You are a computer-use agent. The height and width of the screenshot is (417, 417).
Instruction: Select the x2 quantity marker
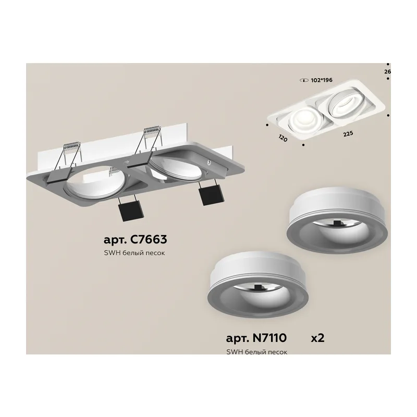318,338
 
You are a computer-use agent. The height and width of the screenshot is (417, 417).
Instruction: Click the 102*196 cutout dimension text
322,80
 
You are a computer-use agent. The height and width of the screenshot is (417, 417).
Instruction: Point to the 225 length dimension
348,134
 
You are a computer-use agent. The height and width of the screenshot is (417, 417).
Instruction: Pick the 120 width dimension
283,138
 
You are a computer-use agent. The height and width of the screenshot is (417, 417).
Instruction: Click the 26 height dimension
387,71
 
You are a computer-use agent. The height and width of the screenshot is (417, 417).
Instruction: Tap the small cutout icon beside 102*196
304,80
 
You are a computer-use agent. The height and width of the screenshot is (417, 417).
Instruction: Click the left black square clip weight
130,210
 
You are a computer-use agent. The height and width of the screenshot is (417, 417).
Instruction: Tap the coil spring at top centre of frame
153,131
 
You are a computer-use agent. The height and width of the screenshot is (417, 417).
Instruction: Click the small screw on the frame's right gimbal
210,161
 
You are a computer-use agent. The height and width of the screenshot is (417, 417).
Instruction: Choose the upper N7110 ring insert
337,220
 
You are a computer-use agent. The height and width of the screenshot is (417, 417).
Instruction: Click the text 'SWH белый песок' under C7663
134,253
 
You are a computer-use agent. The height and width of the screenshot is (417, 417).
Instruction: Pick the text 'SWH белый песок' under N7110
256,352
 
